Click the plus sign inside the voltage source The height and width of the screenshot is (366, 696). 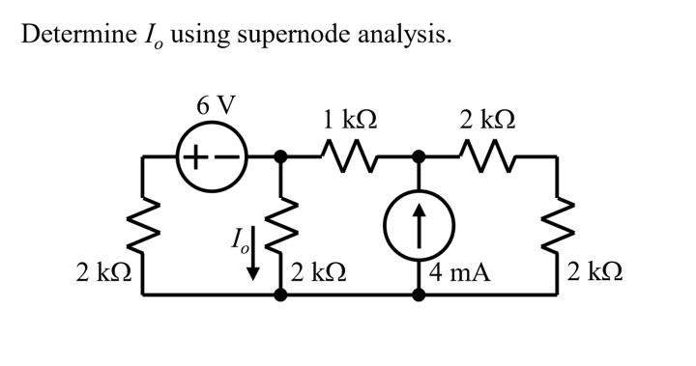tap(196, 155)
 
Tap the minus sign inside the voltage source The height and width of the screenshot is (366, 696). tap(230, 155)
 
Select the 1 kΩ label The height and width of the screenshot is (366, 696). tap(350, 121)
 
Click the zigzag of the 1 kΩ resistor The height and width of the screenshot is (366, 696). tap(349, 155)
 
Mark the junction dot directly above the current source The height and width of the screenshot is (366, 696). tap(419, 155)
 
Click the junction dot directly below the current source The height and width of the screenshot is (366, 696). tap(419, 295)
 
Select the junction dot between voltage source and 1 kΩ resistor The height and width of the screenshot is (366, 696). tap(280, 155)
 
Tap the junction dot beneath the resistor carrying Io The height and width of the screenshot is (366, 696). tap(280, 295)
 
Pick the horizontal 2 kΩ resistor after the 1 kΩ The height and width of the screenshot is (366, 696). tap(487, 155)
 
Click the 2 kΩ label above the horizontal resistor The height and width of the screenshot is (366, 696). tap(487, 121)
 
